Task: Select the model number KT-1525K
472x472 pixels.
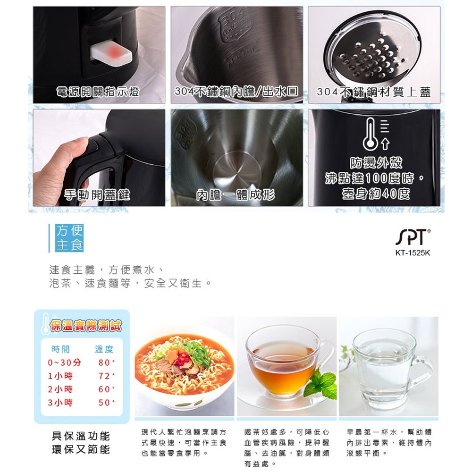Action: (x=413, y=253)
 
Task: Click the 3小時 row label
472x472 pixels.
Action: (x=60, y=403)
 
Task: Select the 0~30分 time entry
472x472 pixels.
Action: (x=64, y=362)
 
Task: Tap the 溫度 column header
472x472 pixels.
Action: (x=104, y=349)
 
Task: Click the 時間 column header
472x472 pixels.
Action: (x=60, y=349)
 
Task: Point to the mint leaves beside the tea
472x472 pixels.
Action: (x=321, y=383)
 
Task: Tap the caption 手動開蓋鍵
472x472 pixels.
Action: (x=97, y=195)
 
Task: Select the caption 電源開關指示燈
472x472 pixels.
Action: (x=98, y=92)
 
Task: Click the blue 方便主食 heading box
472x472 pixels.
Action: (x=69, y=238)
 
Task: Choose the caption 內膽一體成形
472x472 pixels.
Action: (x=236, y=195)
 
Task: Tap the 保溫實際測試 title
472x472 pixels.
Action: (x=86, y=326)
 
